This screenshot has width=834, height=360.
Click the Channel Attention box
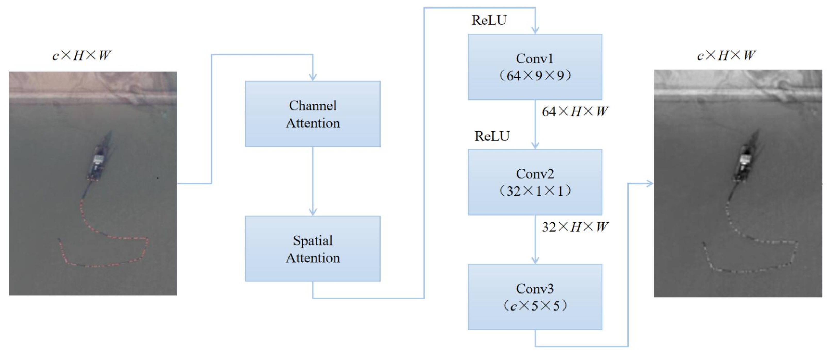312,114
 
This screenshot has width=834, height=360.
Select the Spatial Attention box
312,249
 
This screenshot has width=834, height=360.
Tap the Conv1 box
535,67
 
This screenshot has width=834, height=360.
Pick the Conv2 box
535,182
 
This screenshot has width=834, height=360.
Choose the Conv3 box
535,297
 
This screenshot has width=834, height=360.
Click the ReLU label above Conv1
489,20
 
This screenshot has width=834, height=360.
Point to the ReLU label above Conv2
492,136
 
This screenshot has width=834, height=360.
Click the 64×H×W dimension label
575,112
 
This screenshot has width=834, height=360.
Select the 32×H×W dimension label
575,227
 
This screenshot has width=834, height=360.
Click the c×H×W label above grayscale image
726,55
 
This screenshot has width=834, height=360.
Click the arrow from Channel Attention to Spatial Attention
312,181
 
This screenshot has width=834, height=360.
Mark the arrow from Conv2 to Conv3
535,240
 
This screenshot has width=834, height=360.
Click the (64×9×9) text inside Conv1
535,76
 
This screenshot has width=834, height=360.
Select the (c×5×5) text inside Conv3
535,306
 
